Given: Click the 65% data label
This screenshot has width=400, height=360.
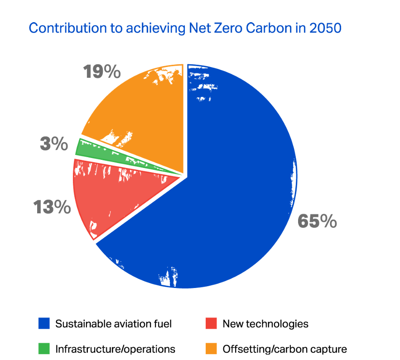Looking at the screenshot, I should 317,221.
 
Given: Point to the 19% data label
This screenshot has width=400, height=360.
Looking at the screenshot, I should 102,72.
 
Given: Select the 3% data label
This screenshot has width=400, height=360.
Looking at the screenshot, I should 53,144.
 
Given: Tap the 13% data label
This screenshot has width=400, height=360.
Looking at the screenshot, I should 52,208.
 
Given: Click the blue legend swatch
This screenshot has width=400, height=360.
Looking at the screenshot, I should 43,324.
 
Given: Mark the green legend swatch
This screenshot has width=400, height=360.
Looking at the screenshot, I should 43,349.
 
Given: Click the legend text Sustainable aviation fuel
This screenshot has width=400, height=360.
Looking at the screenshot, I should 114,324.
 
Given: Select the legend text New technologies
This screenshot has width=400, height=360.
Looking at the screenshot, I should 265,324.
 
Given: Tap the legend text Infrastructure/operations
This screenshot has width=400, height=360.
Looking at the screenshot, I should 115,349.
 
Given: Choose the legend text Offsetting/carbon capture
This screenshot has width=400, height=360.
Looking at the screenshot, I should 284,349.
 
